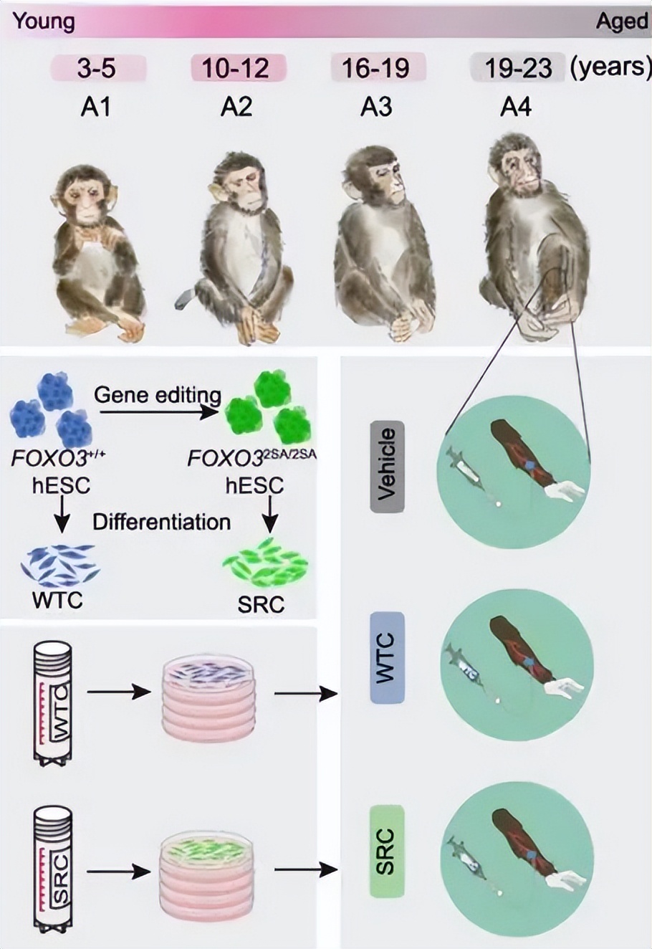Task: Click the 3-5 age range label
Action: (x=98, y=69)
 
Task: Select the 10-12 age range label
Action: (x=237, y=69)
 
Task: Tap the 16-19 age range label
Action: (x=377, y=69)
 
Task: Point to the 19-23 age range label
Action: (x=517, y=69)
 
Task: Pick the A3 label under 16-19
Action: (x=376, y=108)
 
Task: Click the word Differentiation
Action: (x=162, y=521)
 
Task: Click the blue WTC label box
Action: (x=387, y=657)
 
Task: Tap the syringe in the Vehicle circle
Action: (x=466, y=470)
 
